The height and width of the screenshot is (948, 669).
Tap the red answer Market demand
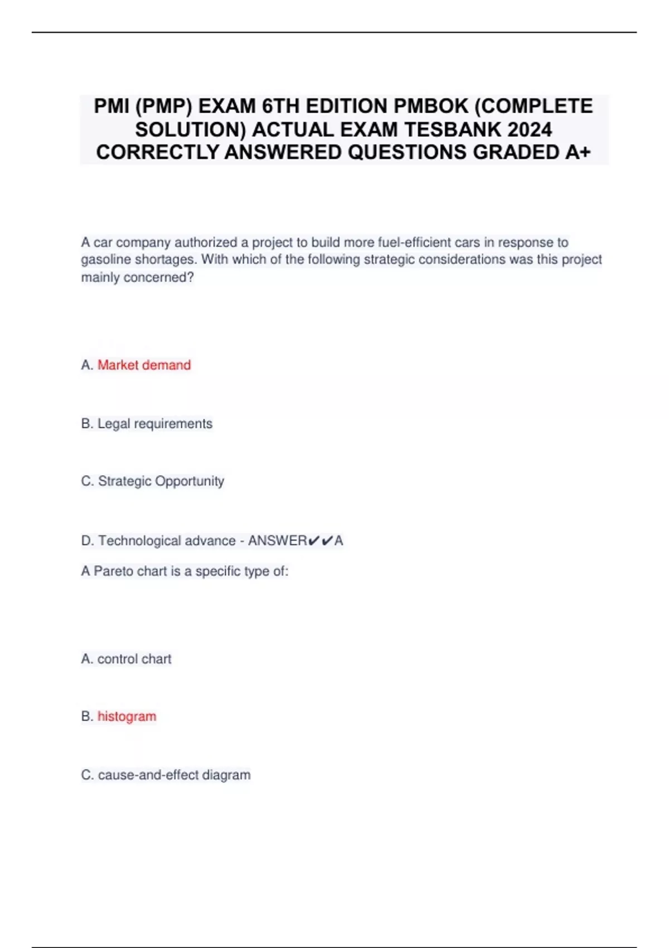coord(144,365)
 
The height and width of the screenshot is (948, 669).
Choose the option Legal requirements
coord(154,424)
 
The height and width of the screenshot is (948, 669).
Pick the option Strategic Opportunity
coord(161,481)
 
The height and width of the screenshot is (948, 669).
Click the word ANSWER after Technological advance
coord(277,541)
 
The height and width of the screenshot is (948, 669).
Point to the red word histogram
coord(127,717)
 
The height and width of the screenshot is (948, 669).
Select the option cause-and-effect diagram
coord(174,775)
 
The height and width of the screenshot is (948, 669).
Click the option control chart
coord(134,659)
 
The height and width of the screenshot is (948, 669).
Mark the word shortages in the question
coord(166,260)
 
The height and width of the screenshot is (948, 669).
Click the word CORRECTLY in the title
coord(158,152)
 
